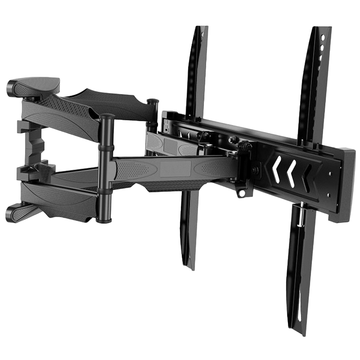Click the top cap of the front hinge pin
tap(107, 117)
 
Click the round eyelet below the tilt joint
tap(242, 193)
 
